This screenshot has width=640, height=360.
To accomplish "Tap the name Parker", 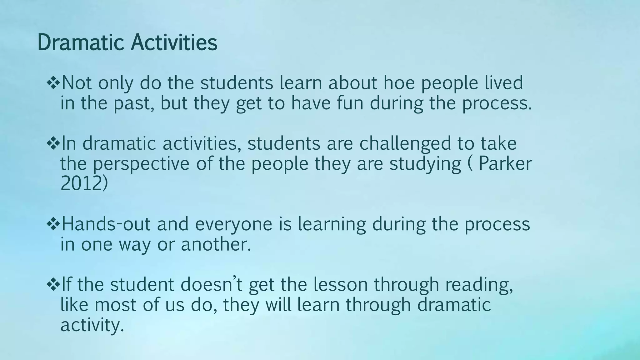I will pos(505,163).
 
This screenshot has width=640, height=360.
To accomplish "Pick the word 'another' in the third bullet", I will pos(216,244).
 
